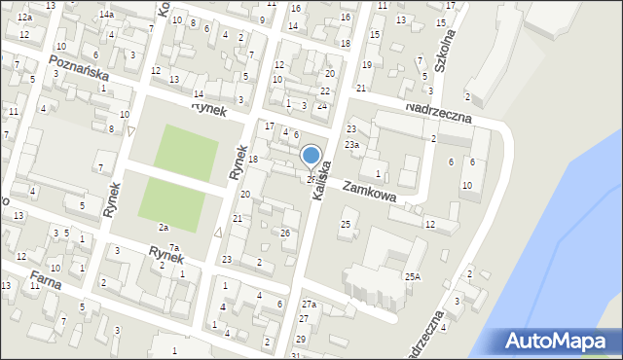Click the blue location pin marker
pos(311,156)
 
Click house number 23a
pos(355,145)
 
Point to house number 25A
pos(413,276)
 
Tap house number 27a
pos(308,306)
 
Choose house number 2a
pos(164,227)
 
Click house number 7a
pos(174,247)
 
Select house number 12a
pos(24,18)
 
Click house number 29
pos(300,339)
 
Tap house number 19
pos(366,64)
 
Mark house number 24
pos(321,105)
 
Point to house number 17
pos(270,126)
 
